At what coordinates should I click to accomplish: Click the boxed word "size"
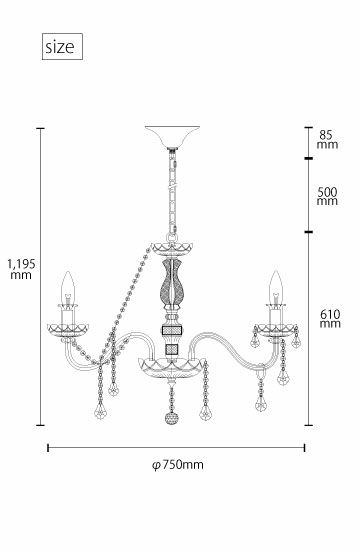pos(60,47)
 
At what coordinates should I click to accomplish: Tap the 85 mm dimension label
pos(327,140)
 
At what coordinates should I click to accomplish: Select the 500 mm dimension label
pos(327,196)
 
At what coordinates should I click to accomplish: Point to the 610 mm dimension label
pos(330,318)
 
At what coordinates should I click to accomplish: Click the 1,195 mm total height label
pos(21,269)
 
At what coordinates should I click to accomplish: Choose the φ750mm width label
pos(178,465)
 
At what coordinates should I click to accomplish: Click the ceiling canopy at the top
pos(172,136)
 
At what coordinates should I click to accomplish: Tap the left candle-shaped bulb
pos(68,287)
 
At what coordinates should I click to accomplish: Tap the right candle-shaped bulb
pos(276,286)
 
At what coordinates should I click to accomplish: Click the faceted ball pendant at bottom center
pos(172,418)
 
